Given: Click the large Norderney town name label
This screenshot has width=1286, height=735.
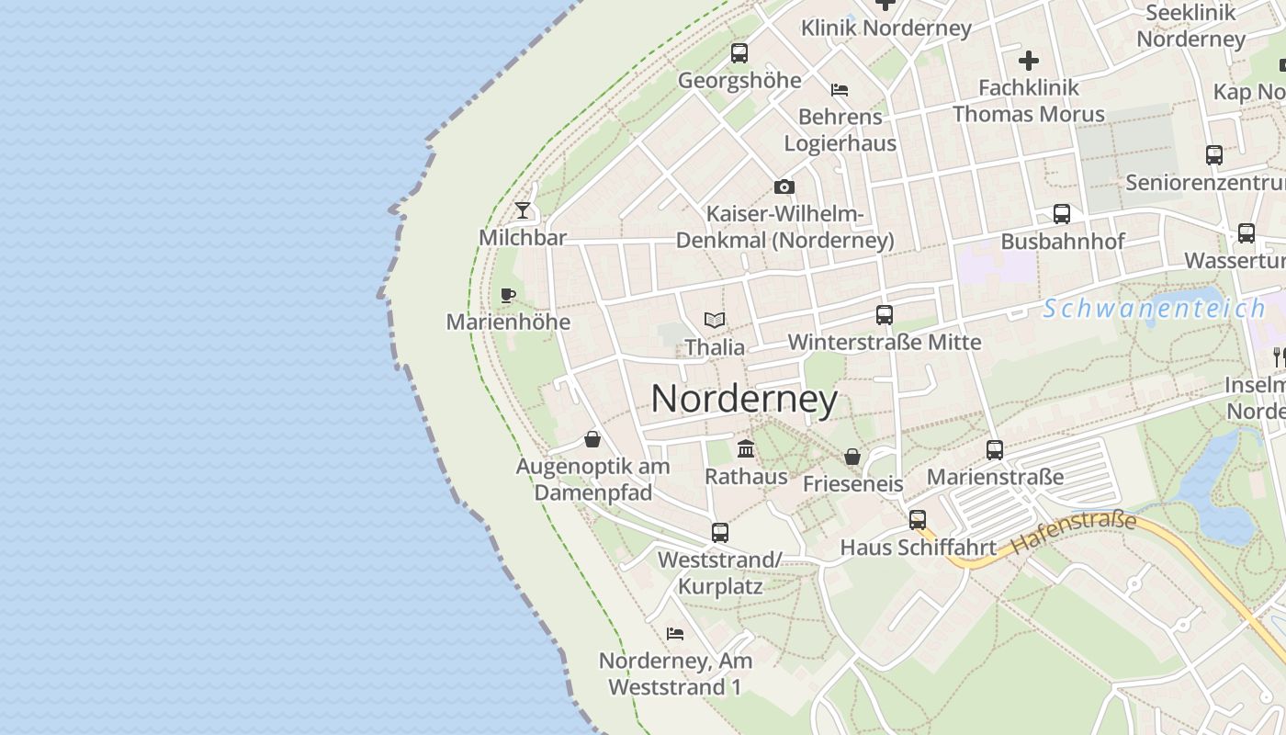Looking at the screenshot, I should click(744, 399).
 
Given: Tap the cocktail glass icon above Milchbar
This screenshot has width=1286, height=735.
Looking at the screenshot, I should click(523, 210).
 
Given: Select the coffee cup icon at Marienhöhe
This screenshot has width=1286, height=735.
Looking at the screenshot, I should click(507, 295).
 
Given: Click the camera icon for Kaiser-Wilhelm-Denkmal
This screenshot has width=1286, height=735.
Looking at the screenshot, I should click(784, 187).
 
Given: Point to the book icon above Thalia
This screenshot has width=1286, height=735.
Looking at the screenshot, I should click(715, 320).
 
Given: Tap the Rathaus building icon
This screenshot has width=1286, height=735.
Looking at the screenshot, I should click(746, 449).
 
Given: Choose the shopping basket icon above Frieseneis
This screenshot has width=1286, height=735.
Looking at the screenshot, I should click(852, 457).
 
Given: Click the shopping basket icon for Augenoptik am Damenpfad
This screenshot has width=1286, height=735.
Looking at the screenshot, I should click(592, 439).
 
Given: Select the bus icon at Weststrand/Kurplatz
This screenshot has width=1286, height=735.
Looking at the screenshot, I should click(720, 532).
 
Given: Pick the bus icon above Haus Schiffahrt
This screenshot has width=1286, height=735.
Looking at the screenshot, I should click(918, 520).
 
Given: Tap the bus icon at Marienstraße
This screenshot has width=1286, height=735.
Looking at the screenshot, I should click(995, 450).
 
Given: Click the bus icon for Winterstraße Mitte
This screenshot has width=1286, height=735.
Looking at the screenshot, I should click(885, 315).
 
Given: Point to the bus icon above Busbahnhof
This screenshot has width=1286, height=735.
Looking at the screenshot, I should click(1062, 214).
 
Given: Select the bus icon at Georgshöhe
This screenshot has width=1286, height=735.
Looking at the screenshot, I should click(739, 53).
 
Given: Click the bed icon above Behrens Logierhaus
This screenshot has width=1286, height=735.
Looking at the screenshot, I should click(839, 90).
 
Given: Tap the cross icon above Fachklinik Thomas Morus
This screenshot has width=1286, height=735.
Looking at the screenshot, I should click(1029, 61).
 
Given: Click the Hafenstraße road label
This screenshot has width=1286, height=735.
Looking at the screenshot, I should click(1074, 533).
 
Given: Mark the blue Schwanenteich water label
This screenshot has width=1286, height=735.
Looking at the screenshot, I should click(1155, 309).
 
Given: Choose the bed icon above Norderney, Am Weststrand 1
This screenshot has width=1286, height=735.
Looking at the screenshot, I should click(675, 634).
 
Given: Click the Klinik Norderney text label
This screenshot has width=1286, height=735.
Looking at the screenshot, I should click(886, 28).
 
